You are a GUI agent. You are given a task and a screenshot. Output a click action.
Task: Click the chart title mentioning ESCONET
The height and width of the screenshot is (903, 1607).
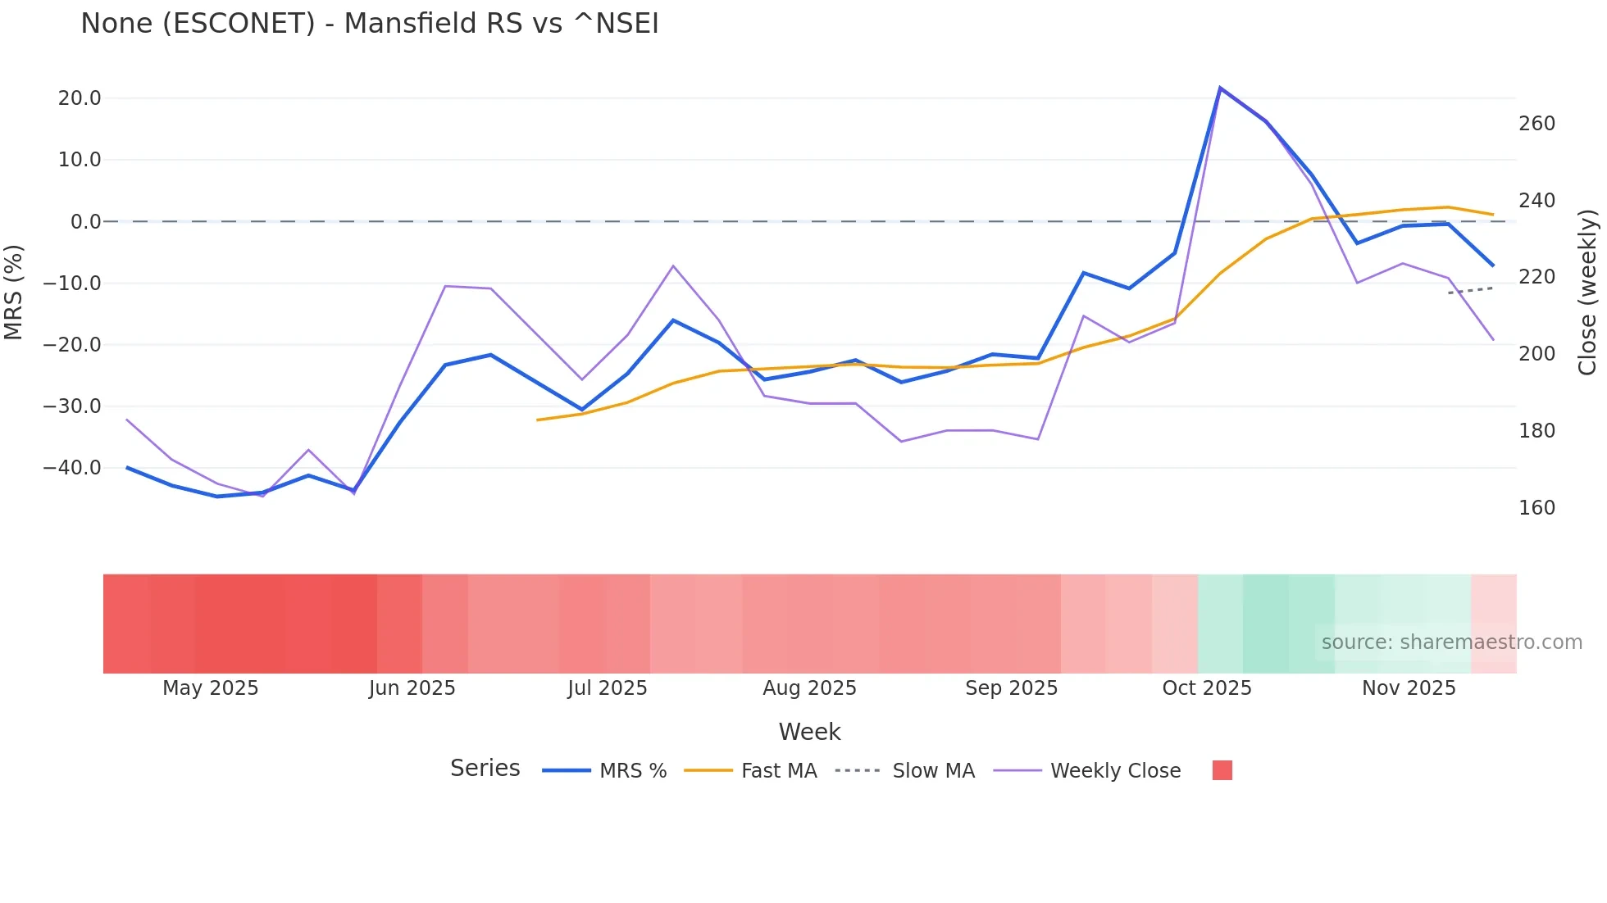pyautogui.click(x=369, y=24)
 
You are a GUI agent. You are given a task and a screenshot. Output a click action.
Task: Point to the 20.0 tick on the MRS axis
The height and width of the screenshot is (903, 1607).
pyautogui.click(x=80, y=98)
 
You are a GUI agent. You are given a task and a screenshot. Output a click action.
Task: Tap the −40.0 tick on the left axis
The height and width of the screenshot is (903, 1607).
pyautogui.click(x=72, y=468)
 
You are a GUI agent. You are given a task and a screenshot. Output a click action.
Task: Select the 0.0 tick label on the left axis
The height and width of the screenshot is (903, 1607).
pyautogui.click(x=86, y=222)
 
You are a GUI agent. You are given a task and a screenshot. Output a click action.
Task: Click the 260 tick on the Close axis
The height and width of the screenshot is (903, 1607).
pyautogui.click(x=1536, y=124)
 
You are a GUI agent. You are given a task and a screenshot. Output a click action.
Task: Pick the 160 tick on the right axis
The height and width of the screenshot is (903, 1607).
pyautogui.click(x=1536, y=508)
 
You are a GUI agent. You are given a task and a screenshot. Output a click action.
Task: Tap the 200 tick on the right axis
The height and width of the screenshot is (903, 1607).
pyautogui.click(x=1536, y=354)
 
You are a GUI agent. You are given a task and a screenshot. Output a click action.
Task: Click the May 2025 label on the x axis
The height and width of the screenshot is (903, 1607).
pyautogui.click(x=210, y=688)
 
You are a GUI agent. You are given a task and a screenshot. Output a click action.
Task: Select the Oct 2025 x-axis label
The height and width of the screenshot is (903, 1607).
pyautogui.click(x=1206, y=688)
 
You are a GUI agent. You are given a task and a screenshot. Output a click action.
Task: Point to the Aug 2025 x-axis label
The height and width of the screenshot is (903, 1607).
pyautogui.click(x=809, y=688)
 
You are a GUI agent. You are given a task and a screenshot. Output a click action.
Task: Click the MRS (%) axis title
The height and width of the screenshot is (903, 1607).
pyautogui.click(x=14, y=292)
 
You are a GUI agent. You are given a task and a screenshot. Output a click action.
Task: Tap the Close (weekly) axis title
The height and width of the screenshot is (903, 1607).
pyautogui.click(x=1587, y=292)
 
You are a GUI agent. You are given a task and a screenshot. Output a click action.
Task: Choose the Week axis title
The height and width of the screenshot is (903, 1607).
pyautogui.click(x=809, y=732)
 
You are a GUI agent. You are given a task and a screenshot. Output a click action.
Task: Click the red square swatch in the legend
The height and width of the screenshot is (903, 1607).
pyautogui.click(x=1222, y=770)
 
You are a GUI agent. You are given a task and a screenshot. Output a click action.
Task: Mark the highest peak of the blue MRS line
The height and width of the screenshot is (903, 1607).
pyautogui.click(x=1220, y=88)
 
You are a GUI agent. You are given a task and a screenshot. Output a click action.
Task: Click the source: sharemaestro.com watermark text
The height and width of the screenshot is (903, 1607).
pyautogui.click(x=1451, y=642)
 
